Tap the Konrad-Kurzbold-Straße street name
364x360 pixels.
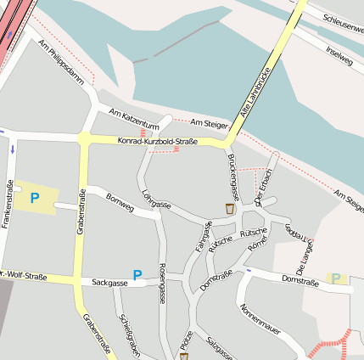(157, 141)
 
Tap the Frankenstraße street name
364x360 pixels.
(9, 204)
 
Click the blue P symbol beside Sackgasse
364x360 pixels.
(137, 275)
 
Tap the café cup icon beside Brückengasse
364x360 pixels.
(229, 208)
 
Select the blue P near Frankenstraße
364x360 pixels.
(35, 198)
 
